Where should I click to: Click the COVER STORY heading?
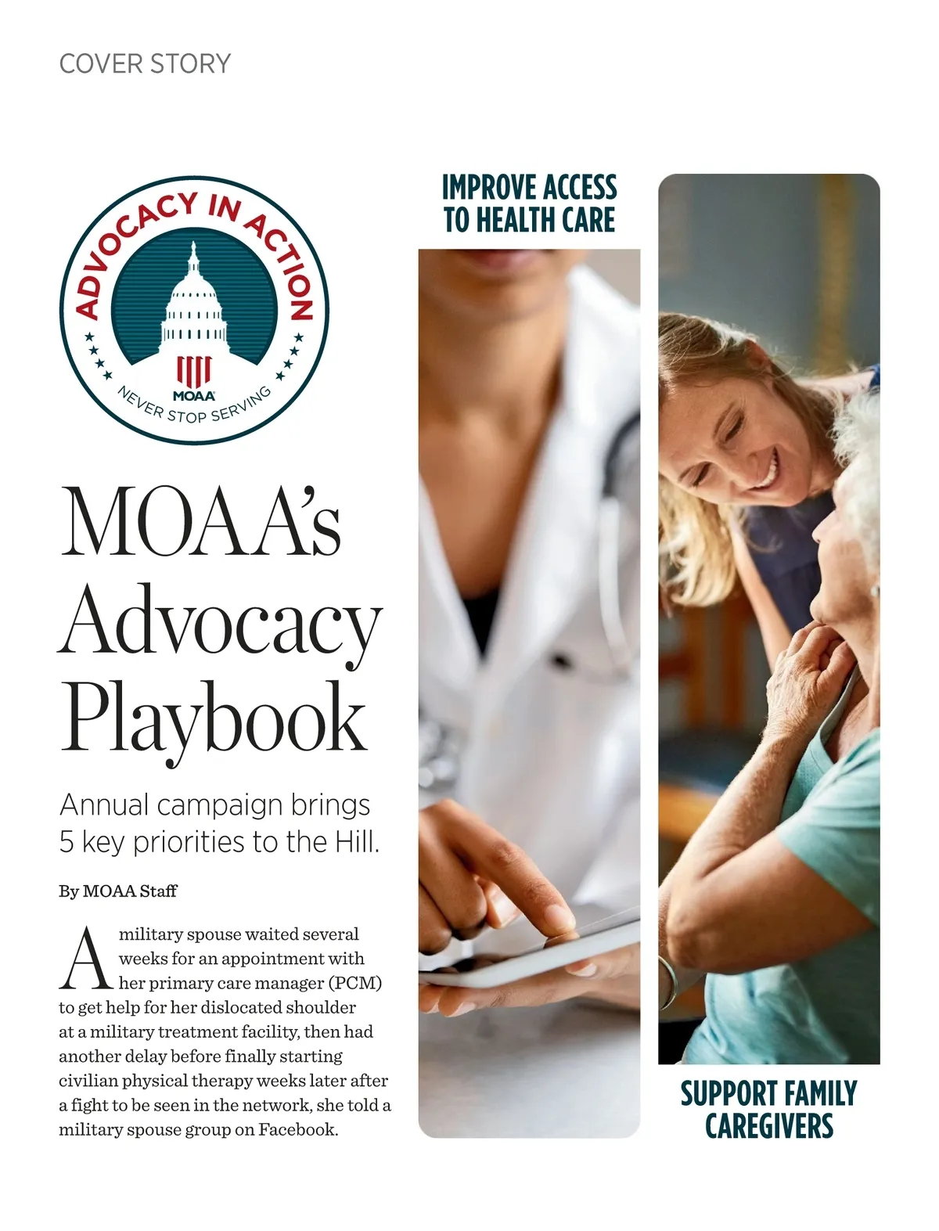pyautogui.click(x=145, y=63)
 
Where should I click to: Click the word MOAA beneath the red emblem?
pyautogui.click(x=193, y=396)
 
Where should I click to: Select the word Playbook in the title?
pyautogui.click(x=213, y=718)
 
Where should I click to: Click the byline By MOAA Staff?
pyautogui.click(x=118, y=891)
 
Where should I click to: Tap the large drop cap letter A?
pyautogui.click(x=86, y=959)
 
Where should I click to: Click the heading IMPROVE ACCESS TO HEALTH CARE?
pyautogui.click(x=529, y=203)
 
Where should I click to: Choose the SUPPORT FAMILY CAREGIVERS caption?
pyautogui.click(x=768, y=1109)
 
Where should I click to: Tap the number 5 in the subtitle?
pyautogui.click(x=67, y=842)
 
